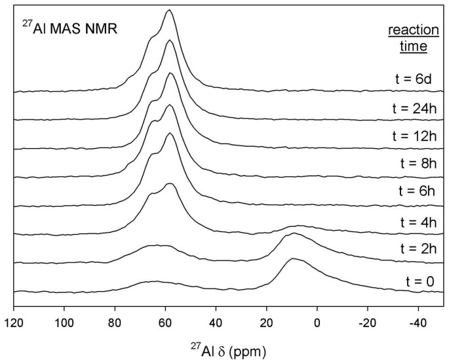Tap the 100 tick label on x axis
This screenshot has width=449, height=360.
pyautogui.click(x=64, y=322)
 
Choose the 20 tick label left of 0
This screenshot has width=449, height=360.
pyautogui.click(x=267, y=322)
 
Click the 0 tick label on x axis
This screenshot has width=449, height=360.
pyautogui.click(x=317, y=322)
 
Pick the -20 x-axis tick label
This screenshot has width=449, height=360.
pyautogui.click(x=366, y=322)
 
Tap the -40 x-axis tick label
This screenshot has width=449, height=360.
pyautogui.click(x=416, y=322)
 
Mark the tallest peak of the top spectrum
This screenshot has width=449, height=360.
pyautogui.click(x=169, y=10)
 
